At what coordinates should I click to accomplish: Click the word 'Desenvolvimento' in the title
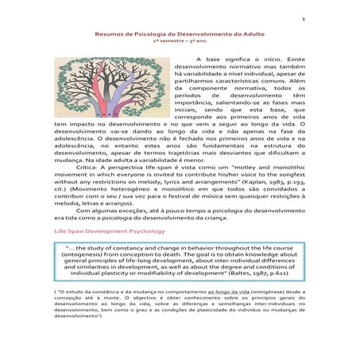pyautogui.click(x=193, y=35)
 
